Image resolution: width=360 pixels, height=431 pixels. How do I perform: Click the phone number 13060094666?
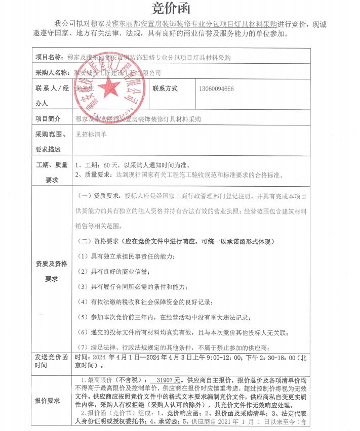pos(216,89)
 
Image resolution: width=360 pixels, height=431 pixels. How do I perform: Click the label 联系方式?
pos(165,89)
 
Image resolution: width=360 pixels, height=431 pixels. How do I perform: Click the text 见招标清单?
pos(91,135)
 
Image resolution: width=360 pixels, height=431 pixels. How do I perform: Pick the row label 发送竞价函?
pos(51,357)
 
